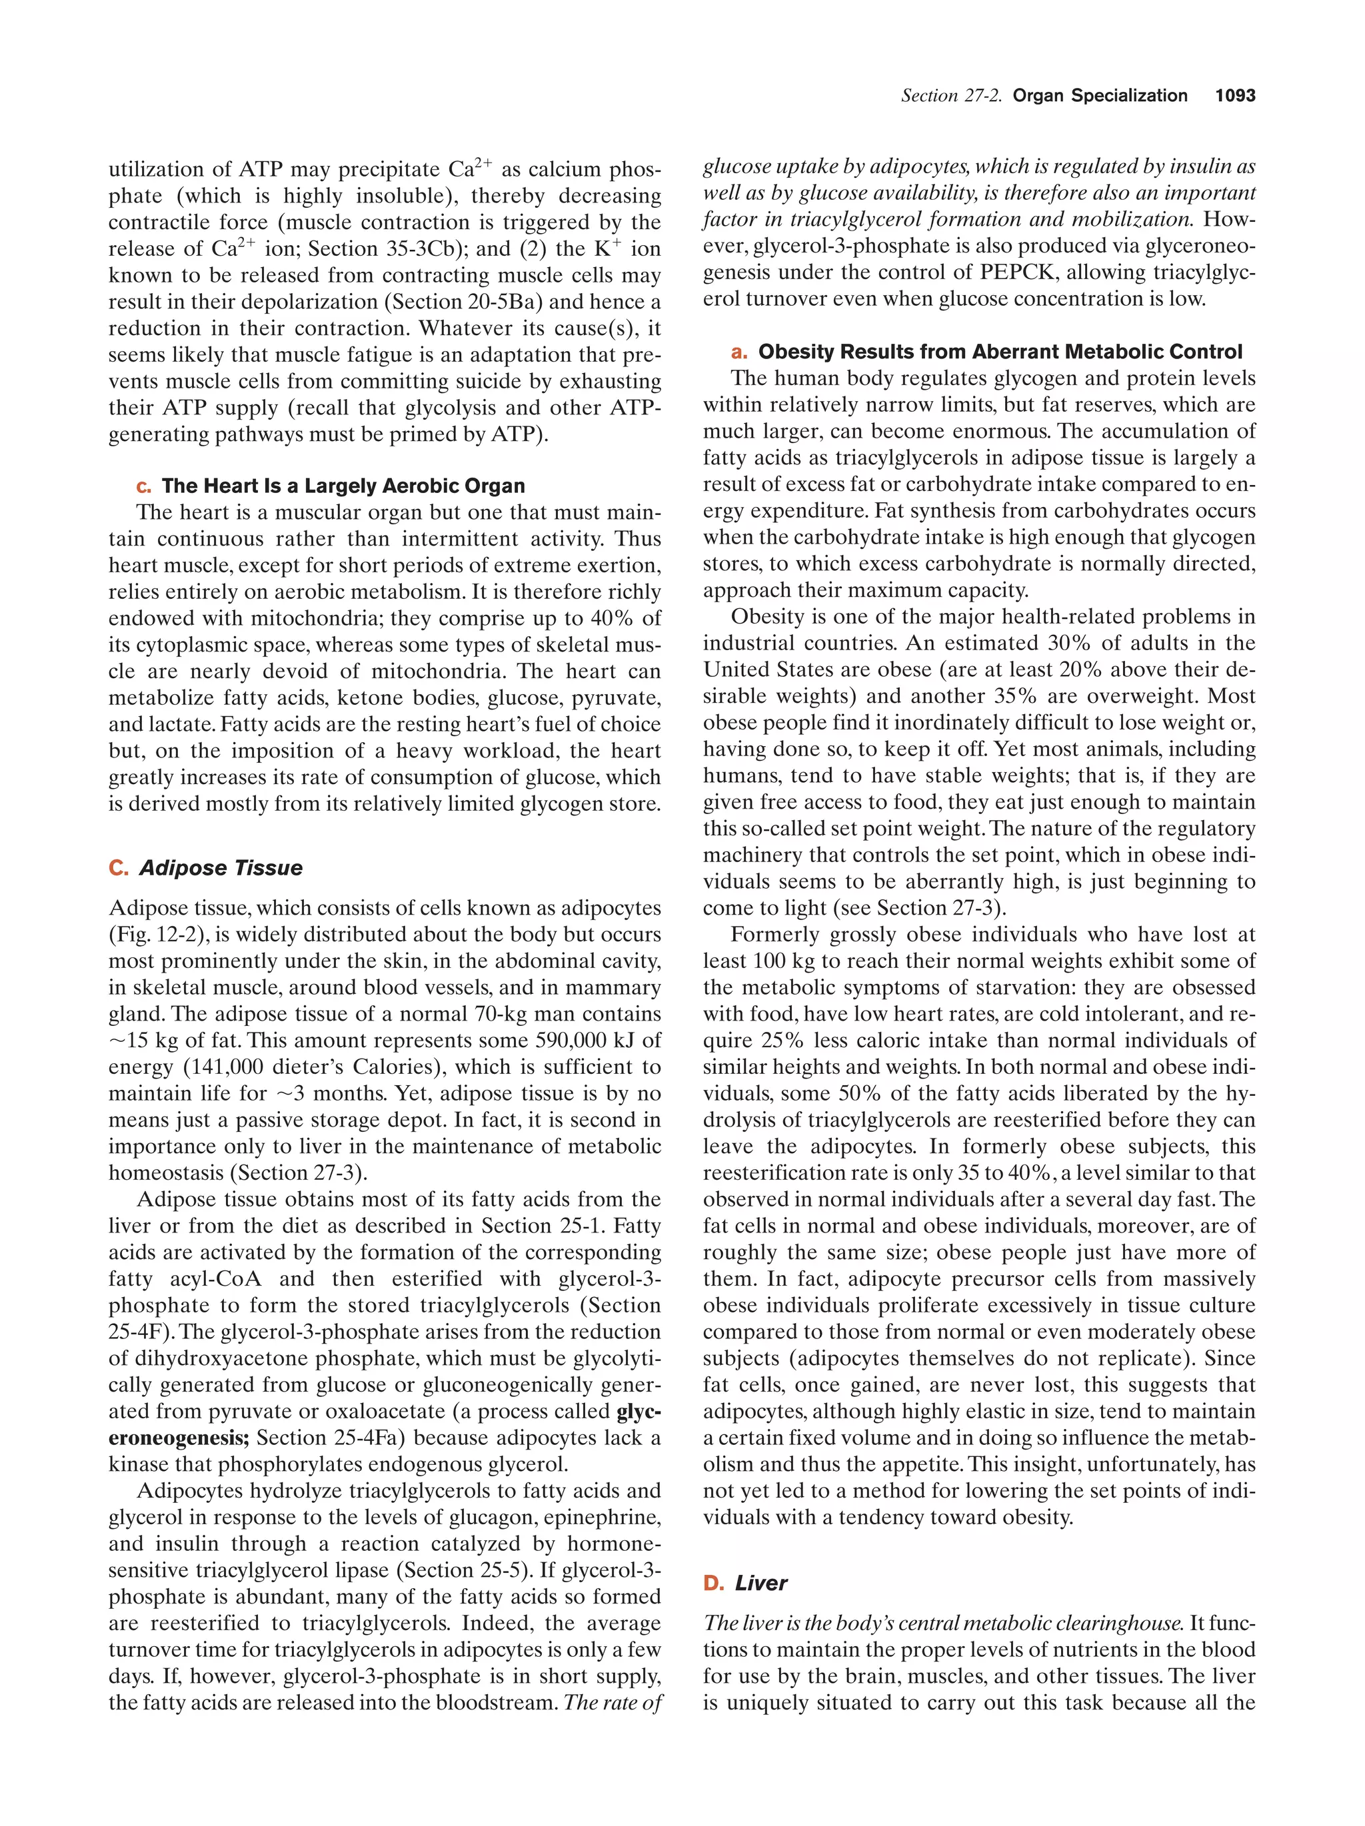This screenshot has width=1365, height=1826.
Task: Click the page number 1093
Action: click(x=1234, y=96)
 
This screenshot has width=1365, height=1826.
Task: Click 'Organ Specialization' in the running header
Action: click(x=1099, y=96)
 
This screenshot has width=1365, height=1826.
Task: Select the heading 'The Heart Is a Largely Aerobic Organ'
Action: click(x=343, y=486)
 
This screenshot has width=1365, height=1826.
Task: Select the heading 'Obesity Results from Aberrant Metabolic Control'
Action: click(x=999, y=352)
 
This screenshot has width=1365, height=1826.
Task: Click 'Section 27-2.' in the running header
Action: click(x=950, y=96)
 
